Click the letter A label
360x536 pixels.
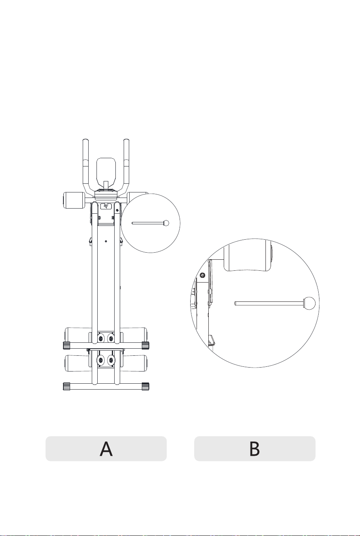click(106, 449)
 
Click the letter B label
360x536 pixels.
click(254, 449)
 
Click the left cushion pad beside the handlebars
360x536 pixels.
click(73, 200)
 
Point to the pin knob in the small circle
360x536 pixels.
click(166, 223)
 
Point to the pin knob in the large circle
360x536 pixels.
click(309, 303)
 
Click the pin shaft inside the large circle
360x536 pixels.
click(269, 303)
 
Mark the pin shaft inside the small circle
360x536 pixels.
click(147, 223)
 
